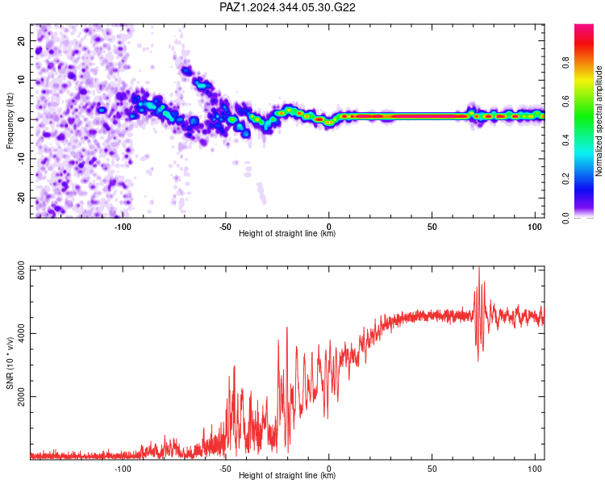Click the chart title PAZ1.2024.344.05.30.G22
[287, 7]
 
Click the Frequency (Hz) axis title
[10, 121]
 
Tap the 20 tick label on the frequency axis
[21, 40]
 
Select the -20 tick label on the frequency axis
[21, 198]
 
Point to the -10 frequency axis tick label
[21, 158]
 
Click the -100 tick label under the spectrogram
[123, 227]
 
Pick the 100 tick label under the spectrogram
[535, 227]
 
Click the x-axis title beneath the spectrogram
[287, 233]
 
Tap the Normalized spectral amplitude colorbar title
[599, 121]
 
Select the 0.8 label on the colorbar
[565, 62]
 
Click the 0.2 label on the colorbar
[565, 179]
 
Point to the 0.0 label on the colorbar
[565, 218]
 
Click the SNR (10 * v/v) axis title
[10, 363]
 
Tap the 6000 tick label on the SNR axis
[21, 271]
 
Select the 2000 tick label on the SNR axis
[21, 397]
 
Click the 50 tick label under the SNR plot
[432, 469]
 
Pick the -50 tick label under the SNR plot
[225, 469]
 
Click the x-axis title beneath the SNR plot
[287, 475]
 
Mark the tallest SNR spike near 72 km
[479, 268]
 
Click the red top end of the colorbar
[584, 26]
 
